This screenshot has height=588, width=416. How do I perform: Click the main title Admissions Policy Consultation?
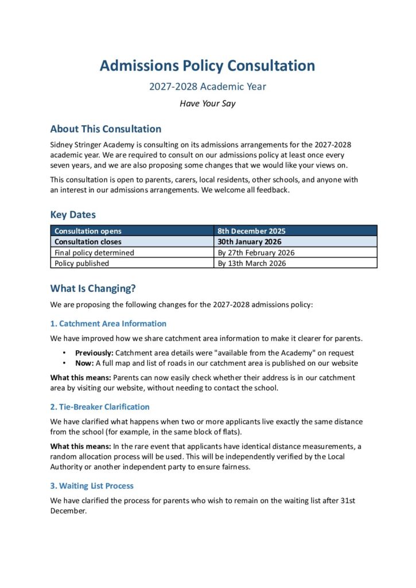point(208,65)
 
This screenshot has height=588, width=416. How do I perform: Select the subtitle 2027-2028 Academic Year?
point(208,87)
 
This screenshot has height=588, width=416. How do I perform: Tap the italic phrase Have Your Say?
point(208,104)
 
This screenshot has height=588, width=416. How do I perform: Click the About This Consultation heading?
point(106,129)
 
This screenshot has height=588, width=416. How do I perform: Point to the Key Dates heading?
point(73,215)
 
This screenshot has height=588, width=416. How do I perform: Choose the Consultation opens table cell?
point(88,231)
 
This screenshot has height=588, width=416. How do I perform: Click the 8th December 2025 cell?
point(251,231)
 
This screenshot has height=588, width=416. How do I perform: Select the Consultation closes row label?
point(88,242)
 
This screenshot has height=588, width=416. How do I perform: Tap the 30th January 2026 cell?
point(250,242)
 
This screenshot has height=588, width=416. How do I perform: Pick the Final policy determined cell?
point(94,253)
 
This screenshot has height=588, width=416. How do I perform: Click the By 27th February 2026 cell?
point(256,253)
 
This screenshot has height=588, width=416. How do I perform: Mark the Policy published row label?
point(81,264)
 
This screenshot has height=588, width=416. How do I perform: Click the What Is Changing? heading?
point(93,289)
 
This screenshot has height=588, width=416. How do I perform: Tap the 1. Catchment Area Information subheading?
point(108,324)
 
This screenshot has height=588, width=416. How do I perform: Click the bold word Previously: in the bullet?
point(94,353)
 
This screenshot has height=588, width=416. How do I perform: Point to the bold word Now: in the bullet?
point(84,363)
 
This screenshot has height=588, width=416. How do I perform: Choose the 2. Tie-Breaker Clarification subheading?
point(100,407)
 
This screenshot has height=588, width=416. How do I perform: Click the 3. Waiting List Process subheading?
point(92,486)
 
